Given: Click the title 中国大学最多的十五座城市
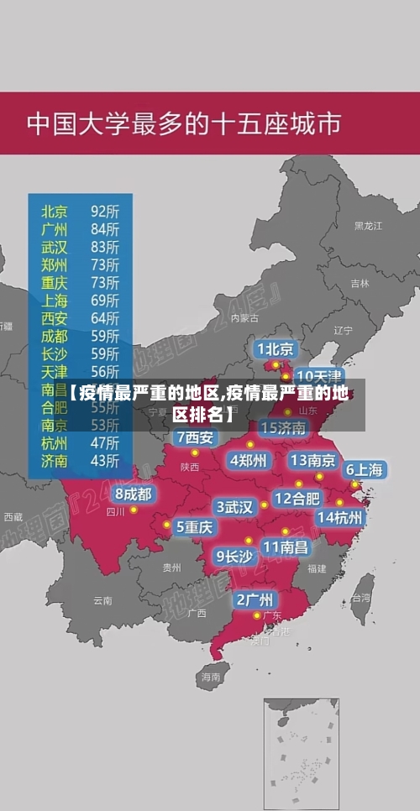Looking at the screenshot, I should [x=184, y=124].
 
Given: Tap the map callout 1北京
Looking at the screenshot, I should [x=276, y=348].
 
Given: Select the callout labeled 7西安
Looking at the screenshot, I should [x=195, y=437].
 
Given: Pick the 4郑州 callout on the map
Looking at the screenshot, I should [x=249, y=460].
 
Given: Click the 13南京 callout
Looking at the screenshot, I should [x=313, y=460].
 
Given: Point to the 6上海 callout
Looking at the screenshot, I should [x=365, y=469].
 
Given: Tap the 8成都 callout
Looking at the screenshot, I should [x=133, y=494].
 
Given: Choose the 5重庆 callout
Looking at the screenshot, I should [x=194, y=526].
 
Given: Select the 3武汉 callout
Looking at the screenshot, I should [x=235, y=507].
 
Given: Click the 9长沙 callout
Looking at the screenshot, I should [x=234, y=555].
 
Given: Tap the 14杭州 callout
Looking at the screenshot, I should [x=340, y=517].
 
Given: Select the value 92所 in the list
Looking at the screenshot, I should [x=105, y=209].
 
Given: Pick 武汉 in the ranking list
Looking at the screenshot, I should [x=55, y=246].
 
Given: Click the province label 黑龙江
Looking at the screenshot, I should [x=368, y=226].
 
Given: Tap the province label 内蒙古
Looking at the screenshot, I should [x=244, y=317].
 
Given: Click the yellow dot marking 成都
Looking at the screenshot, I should [x=134, y=510].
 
